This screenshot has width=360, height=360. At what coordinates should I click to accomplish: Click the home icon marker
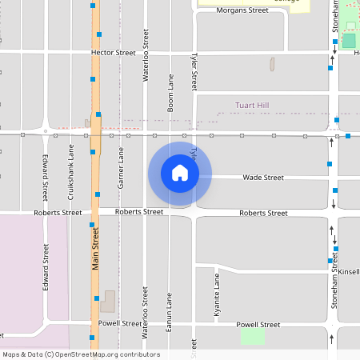coord(180,173)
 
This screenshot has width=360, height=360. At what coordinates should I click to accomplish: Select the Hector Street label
coord(114,53)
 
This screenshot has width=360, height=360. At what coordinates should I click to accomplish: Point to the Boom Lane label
coord(170,93)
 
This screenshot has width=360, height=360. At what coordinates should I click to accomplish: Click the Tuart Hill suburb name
coord(252,106)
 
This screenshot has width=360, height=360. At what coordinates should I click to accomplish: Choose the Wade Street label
coord(263,178)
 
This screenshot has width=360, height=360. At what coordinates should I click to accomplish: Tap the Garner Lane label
coord(122,167)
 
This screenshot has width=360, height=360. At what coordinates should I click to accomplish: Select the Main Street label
coord(95,248)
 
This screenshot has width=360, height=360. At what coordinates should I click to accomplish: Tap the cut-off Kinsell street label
coord(349,272)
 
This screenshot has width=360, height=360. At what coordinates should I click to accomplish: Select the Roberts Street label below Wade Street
coord(263,214)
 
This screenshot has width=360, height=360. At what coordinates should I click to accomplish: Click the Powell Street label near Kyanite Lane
coord(258,325)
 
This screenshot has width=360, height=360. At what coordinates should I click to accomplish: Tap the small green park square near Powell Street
coord(253,336)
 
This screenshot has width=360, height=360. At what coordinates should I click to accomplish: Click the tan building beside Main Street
coord(108,301)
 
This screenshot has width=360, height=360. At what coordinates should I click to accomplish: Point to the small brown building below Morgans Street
coord(271,63)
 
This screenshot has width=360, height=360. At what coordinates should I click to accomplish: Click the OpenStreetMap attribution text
coord(80,354)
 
